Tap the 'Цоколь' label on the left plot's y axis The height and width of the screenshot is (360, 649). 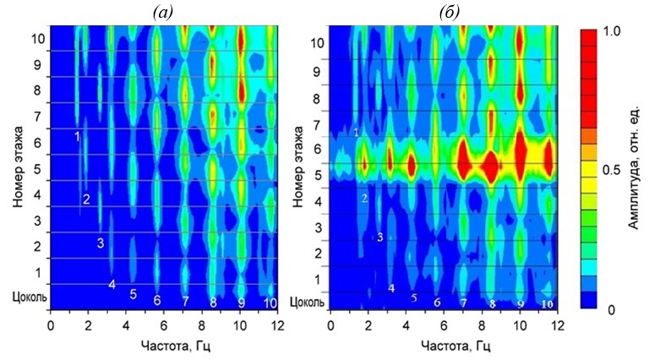pos(25,297)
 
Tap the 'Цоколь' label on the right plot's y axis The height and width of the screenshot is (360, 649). pos(306,302)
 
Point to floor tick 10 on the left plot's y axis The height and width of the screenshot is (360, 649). pos(37,39)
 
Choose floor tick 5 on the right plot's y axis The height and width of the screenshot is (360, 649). pos(318,177)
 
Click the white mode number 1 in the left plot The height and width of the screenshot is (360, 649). pos(77,136)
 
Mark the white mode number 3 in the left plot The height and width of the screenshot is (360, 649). pos(100,243)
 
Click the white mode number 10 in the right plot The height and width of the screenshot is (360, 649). pos(547,303)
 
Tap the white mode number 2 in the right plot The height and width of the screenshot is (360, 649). pos(364,199)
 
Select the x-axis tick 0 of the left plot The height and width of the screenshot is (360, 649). pos(51,325)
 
